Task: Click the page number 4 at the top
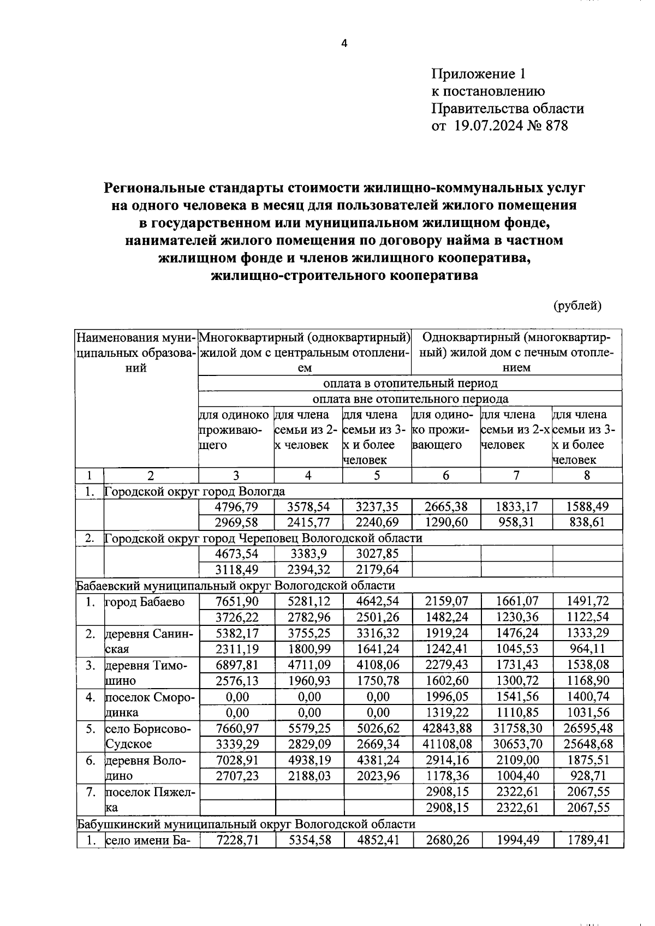point(344,44)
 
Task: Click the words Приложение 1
point(480,74)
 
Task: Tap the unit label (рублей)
point(577,306)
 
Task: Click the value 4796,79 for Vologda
point(236,506)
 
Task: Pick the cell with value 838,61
point(587,522)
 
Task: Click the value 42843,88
point(445,728)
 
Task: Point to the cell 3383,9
point(309,554)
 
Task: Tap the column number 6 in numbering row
point(446,475)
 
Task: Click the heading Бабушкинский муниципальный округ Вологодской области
point(246,824)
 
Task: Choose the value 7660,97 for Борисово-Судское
point(236,728)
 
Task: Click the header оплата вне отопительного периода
point(410,399)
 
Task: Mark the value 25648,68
point(587,744)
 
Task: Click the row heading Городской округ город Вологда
point(195,491)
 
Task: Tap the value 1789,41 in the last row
point(587,840)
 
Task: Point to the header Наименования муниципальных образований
point(136,353)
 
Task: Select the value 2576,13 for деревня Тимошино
point(236,681)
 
